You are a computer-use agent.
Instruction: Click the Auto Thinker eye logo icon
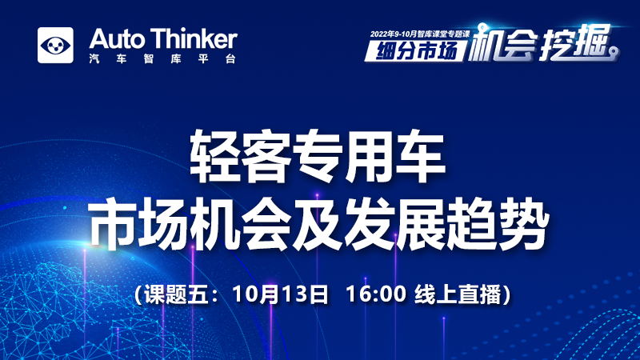[55, 46]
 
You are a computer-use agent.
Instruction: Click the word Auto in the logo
[117, 38]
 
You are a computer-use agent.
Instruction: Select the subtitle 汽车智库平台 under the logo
[162, 58]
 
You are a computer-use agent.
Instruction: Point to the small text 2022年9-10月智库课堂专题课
[420, 34]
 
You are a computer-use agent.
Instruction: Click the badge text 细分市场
[416, 50]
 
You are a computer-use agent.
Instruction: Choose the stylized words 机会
[502, 44]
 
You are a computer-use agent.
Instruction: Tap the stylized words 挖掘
[574, 42]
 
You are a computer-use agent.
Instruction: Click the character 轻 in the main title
[215, 156]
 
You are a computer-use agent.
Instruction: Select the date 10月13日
[280, 294]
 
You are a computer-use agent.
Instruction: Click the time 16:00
[376, 294]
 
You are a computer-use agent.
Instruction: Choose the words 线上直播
[458, 294]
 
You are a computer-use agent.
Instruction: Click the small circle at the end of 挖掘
[614, 51]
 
